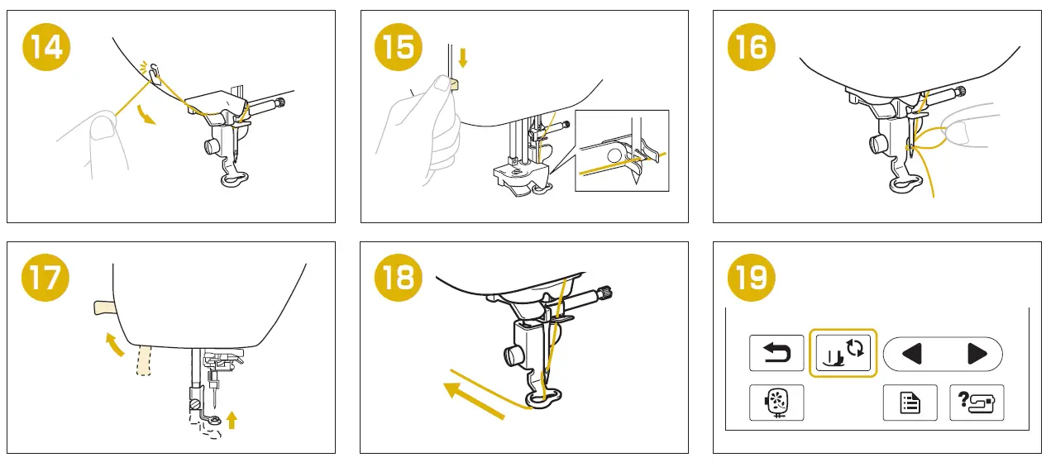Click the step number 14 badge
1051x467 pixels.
pos(46,47)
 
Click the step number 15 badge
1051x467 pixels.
pos(399,47)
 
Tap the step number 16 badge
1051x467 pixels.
pos(752,47)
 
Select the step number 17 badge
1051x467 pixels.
pos(45,278)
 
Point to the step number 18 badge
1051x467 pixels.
pos(399,278)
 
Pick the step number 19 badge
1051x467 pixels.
pos(752,278)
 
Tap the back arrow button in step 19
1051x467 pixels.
pos(776,353)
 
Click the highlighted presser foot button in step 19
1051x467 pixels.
pos(843,353)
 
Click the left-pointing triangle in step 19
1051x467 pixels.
pos(912,354)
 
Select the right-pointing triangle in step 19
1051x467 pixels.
pos(977,354)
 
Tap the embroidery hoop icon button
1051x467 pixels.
pos(776,403)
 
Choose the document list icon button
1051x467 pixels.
pos(910,403)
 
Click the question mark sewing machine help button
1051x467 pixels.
pos(977,403)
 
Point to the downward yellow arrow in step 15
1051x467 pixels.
pos(463,57)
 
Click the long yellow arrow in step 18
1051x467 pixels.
pos(474,400)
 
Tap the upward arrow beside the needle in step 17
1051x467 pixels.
pos(232,420)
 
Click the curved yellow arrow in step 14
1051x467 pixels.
pos(146,116)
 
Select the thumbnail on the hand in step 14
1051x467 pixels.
pos(104,128)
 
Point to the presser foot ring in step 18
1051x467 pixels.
pos(543,399)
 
